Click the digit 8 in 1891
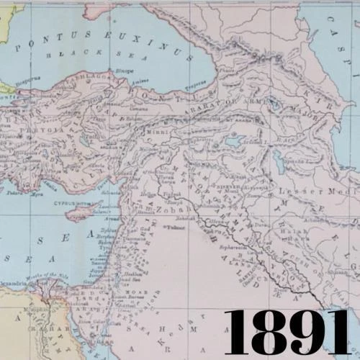(271, 332)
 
